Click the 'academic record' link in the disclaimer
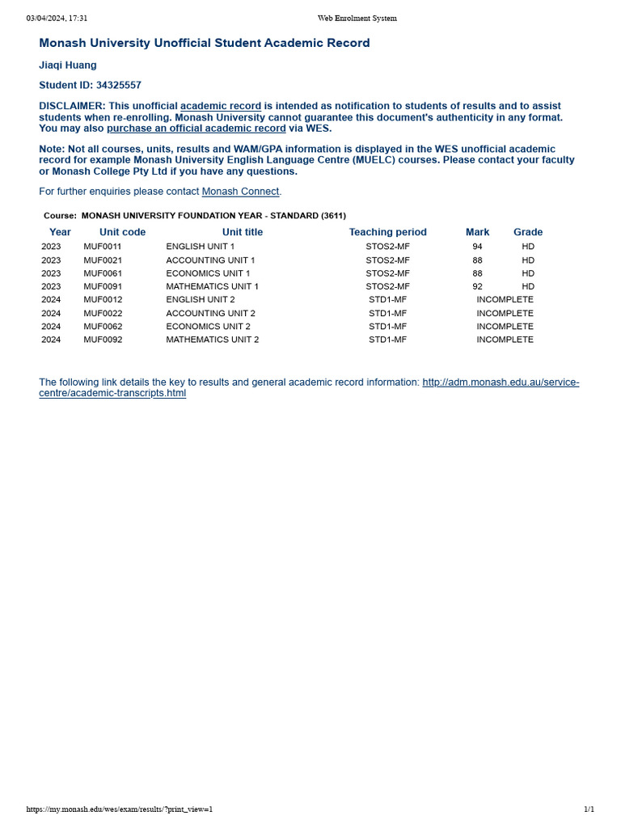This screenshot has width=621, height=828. tap(221, 106)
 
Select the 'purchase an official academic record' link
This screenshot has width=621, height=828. tap(196, 128)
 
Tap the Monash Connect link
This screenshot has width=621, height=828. tap(240, 192)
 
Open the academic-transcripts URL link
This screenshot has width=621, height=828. tap(501, 382)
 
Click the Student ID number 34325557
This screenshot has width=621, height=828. tap(118, 85)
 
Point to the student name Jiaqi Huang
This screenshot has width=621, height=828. tap(68, 65)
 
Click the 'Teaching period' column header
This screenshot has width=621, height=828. tap(387, 232)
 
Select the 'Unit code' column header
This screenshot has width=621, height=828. tap(122, 232)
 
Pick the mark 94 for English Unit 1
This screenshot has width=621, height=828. tap(477, 247)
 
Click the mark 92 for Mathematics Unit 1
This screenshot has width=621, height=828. tap(477, 286)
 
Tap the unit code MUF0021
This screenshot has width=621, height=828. tap(103, 260)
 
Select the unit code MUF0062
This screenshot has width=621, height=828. tap(103, 327)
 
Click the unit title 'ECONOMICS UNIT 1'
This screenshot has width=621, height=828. tap(208, 273)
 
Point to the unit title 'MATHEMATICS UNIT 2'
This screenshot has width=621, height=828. tap(213, 340)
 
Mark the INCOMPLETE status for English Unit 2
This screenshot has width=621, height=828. tap(505, 299)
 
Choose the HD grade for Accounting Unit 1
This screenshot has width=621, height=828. tap(528, 260)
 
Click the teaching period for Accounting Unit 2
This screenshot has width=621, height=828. tap(387, 313)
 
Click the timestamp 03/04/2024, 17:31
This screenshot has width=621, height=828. tap(57, 19)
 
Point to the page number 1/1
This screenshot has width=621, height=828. tap(589, 809)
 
